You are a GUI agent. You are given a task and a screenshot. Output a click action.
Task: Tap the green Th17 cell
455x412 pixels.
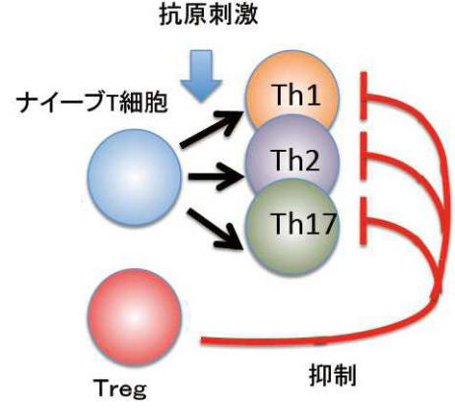(292, 230)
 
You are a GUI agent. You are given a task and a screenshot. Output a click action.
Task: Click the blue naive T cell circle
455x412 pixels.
(135, 177)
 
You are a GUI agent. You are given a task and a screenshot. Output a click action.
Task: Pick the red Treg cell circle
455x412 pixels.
(135, 317)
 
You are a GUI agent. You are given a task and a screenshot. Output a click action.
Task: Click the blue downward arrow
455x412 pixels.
(201, 75)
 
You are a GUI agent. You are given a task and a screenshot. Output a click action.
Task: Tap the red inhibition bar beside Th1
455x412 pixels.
(363, 96)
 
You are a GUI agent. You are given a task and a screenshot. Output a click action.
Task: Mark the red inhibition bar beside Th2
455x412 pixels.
(363, 156)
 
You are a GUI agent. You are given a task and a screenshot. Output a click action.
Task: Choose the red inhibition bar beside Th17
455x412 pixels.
(363, 221)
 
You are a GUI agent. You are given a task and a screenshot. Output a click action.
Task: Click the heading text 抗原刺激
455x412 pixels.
(209, 15)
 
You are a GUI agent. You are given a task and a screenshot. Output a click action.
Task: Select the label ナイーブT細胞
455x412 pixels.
(93, 103)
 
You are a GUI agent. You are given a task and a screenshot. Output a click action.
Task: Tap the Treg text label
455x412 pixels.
(120, 388)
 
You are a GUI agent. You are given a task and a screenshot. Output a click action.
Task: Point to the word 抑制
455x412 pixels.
(333, 376)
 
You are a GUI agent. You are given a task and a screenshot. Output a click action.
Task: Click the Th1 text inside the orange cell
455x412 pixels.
(297, 95)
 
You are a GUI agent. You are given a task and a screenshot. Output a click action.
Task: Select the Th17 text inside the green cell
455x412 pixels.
(303, 223)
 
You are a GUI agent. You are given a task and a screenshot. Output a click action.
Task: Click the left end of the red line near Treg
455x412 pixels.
(202, 341)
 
